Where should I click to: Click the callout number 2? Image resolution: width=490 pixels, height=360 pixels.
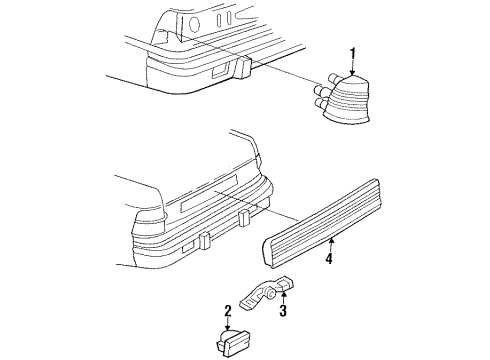228,311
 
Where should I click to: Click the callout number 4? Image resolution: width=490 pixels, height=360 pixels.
328,261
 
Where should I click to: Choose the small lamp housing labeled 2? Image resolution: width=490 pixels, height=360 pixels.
231,340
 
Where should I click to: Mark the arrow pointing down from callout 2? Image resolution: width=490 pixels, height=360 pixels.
228,322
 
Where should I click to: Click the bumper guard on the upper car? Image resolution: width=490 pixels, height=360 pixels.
243,68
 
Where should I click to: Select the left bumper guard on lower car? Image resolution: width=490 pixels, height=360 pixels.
203,241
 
